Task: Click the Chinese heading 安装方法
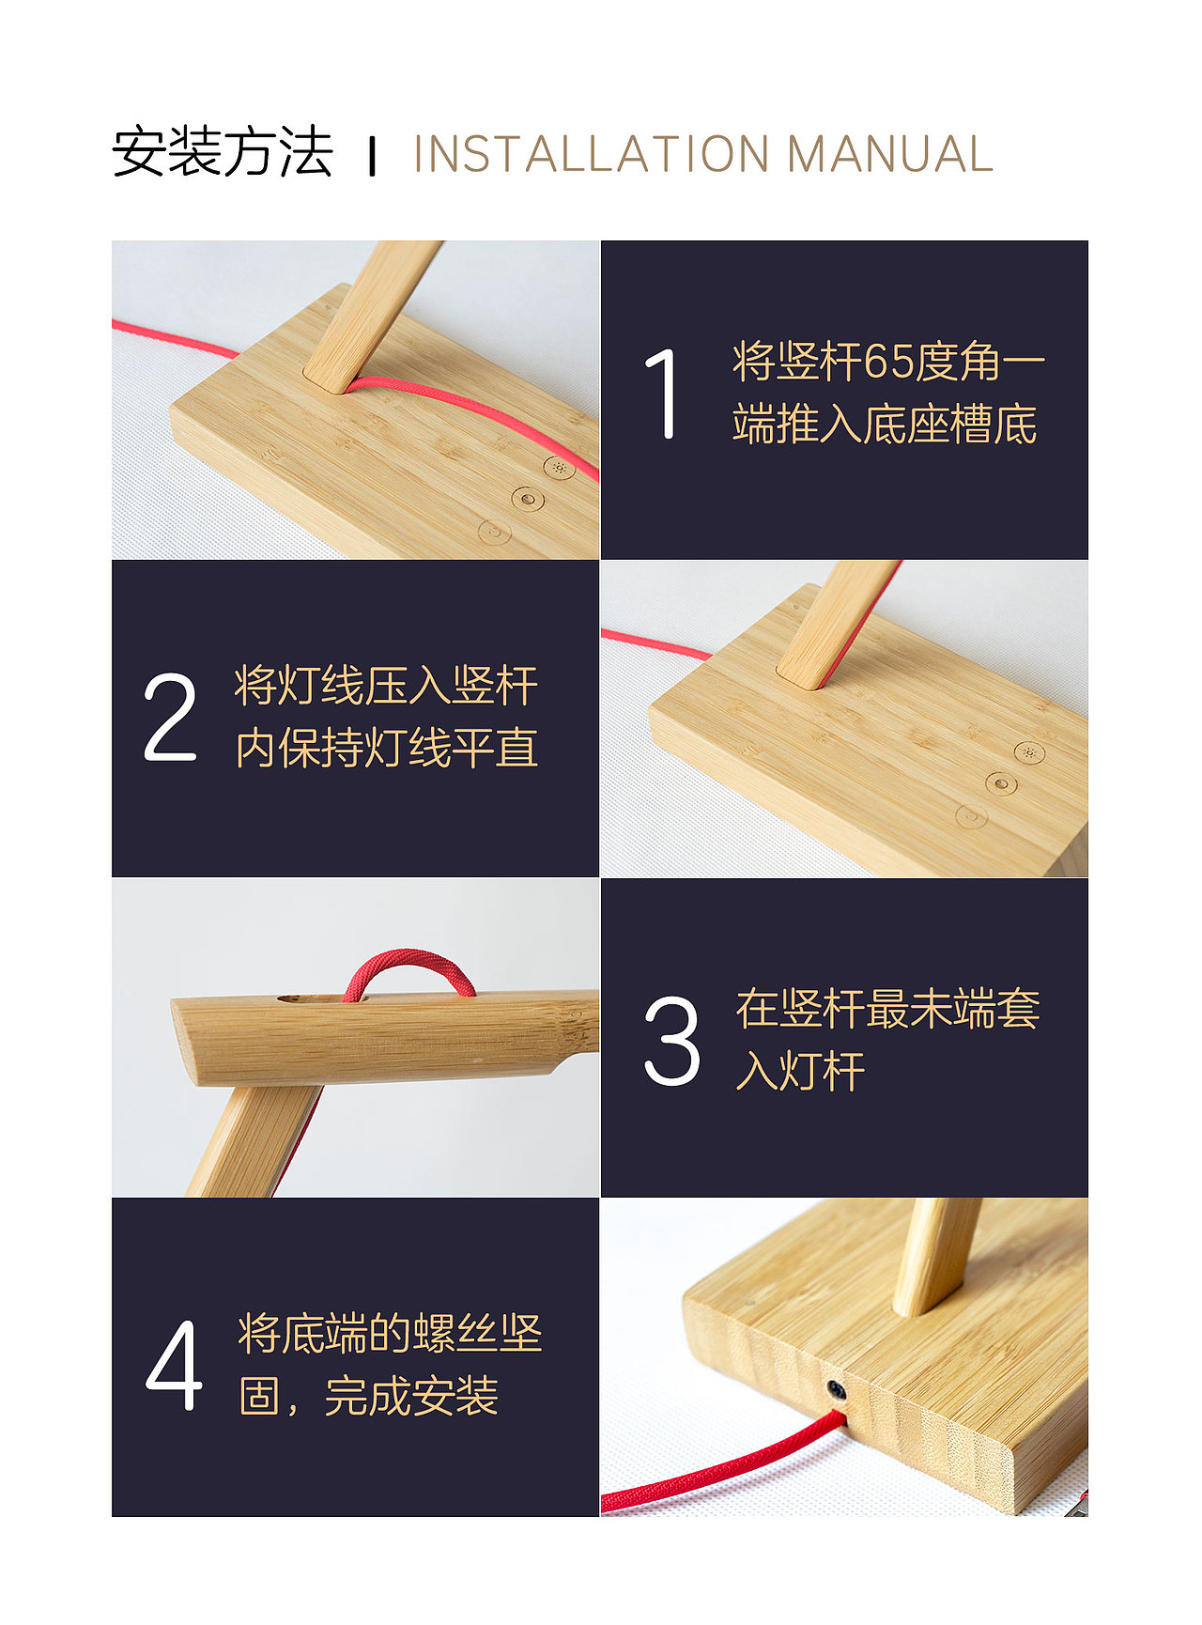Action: coord(223,152)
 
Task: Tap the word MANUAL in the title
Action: coord(889,155)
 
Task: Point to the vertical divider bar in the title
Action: coord(373,156)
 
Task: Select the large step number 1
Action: coord(663,394)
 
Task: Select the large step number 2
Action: coord(170,717)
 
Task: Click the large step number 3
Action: coord(671,1041)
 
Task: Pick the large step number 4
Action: coord(175,1365)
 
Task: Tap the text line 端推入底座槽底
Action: coord(885,425)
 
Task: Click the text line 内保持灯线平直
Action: coord(386,749)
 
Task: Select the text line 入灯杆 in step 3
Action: coord(800,1071)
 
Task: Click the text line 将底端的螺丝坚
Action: coord(390,1333)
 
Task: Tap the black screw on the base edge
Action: coord(835,1389)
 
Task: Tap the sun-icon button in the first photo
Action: coord(560,467)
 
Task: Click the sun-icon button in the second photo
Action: coord(1029,752)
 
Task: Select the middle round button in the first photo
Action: coord(528,499)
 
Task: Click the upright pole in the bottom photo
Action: coord(935,1254)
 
